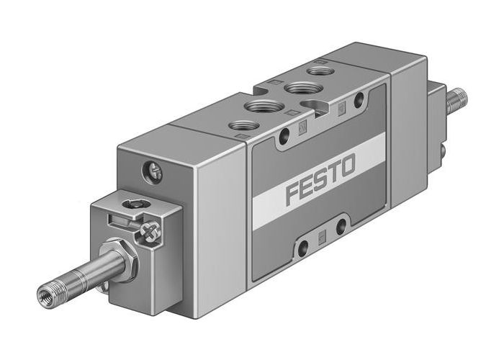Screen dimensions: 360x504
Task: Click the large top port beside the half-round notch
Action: tap(295, 88)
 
